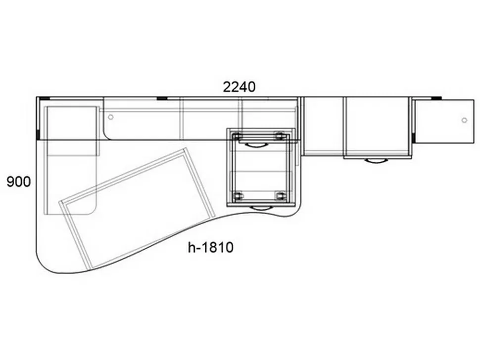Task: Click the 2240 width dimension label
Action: pos(239,87)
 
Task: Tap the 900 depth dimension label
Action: pos(19,182)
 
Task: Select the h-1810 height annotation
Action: pos(211,247)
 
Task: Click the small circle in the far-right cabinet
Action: pos(464,120)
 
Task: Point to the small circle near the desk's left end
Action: pos(111,117)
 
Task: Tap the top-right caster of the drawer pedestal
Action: pos(279,136)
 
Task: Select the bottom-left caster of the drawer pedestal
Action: pos(238,196)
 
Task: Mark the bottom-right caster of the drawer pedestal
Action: pos(280,196)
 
